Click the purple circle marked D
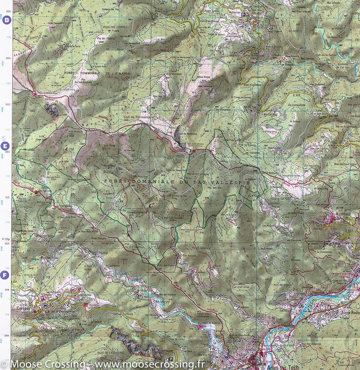coord(6,20)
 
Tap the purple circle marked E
coord(6,146)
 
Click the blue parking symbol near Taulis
coord(243,14)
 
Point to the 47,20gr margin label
coord(6,238)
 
